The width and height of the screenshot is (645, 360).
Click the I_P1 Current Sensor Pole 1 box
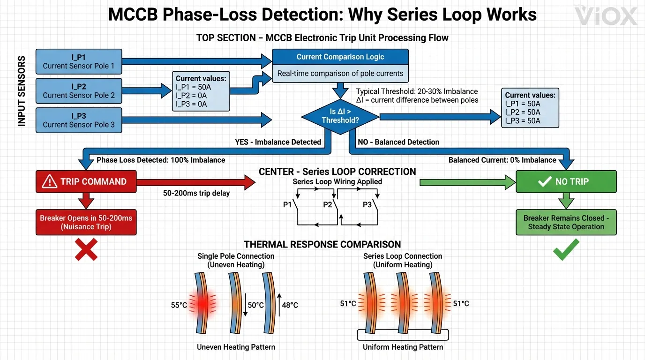78,61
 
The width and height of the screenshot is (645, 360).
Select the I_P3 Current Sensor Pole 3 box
78,120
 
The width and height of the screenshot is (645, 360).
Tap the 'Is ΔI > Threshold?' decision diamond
340,116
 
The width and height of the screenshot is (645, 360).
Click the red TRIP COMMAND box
86,182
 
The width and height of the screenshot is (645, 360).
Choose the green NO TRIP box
566,182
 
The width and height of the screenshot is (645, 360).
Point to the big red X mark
86,249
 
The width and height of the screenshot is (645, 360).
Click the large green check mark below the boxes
566,249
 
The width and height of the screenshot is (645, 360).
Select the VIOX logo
606,16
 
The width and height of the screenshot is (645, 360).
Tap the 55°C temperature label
179,305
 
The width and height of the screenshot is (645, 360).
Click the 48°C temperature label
289,305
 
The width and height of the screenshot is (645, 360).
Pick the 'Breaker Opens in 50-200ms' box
86,222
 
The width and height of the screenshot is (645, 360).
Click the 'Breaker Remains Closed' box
566,222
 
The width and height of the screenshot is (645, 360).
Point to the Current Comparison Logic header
340,57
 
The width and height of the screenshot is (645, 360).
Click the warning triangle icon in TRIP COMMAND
50,182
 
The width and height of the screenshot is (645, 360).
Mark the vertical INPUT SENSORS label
22,91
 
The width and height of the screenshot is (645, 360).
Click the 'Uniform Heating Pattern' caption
403,347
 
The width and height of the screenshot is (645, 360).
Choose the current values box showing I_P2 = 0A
201,91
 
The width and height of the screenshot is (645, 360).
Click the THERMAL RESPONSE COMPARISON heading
322,244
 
